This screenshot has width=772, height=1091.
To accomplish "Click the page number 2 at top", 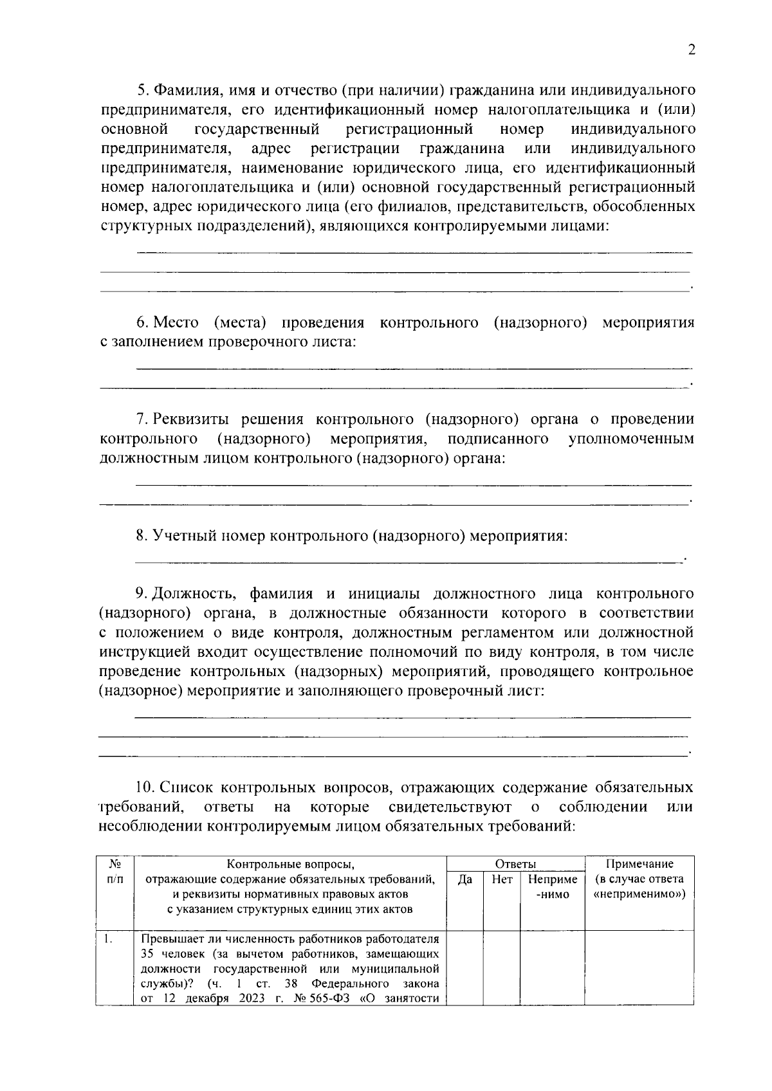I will (x=692, y=51).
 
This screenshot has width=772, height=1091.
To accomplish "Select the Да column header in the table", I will (x=465, y=879).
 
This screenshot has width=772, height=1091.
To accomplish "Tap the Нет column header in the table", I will (x=501, y=879).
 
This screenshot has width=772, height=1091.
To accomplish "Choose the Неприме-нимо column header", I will (x=552, y=886).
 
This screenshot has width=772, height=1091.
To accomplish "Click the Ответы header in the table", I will (x=515, y=865).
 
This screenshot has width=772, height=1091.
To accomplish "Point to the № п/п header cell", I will (x=115, y=871).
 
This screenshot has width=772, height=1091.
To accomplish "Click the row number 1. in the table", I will (x=109, y=939).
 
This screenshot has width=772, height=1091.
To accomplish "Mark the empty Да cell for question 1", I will (x=465, y=967).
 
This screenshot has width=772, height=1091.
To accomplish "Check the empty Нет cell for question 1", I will (x=501, y=967).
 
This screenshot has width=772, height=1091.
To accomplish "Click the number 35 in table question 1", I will (x=148, y=954).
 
